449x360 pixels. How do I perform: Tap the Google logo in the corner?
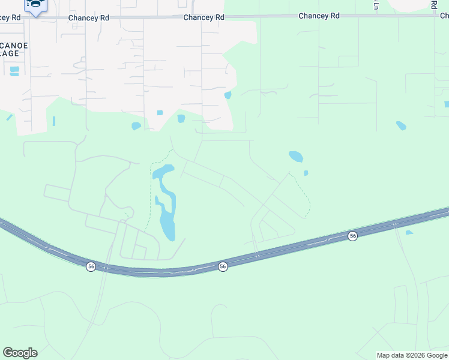[x=20, y=353]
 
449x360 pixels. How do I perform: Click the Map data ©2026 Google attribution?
[x=412, y=355]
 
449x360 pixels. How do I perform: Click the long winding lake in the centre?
[x=164, y=204]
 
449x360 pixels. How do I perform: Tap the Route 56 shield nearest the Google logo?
[x=91, y=266]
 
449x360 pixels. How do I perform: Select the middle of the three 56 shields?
[x=223, y=266]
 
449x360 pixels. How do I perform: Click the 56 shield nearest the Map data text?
[x=353, y=236]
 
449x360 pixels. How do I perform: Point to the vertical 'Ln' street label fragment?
[x=376, y=5]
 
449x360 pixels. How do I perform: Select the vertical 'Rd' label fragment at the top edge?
[x=433, y=4]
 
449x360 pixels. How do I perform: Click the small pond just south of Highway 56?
[x=409, y=232]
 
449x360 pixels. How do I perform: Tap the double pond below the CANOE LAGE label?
[x=14, y=71]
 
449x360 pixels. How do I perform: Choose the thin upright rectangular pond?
[x=53, y=121]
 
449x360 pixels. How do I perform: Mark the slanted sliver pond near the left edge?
[x=10, y=117]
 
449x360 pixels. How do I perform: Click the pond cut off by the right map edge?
[x=447, y=104]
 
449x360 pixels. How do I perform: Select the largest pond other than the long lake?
[x=296, y=157]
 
